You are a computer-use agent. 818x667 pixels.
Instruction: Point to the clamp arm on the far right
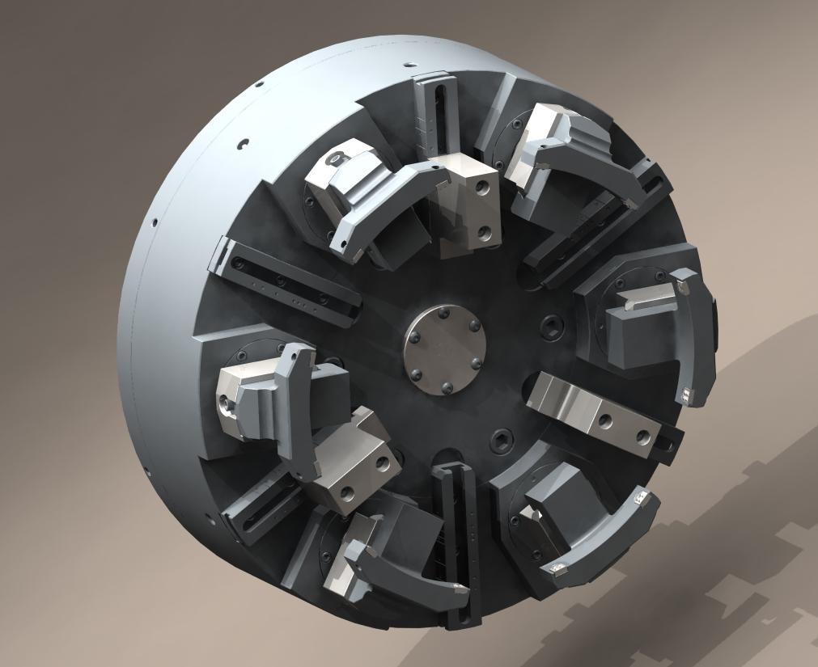point(696,340)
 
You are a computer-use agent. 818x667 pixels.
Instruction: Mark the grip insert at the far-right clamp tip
point(688,395)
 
